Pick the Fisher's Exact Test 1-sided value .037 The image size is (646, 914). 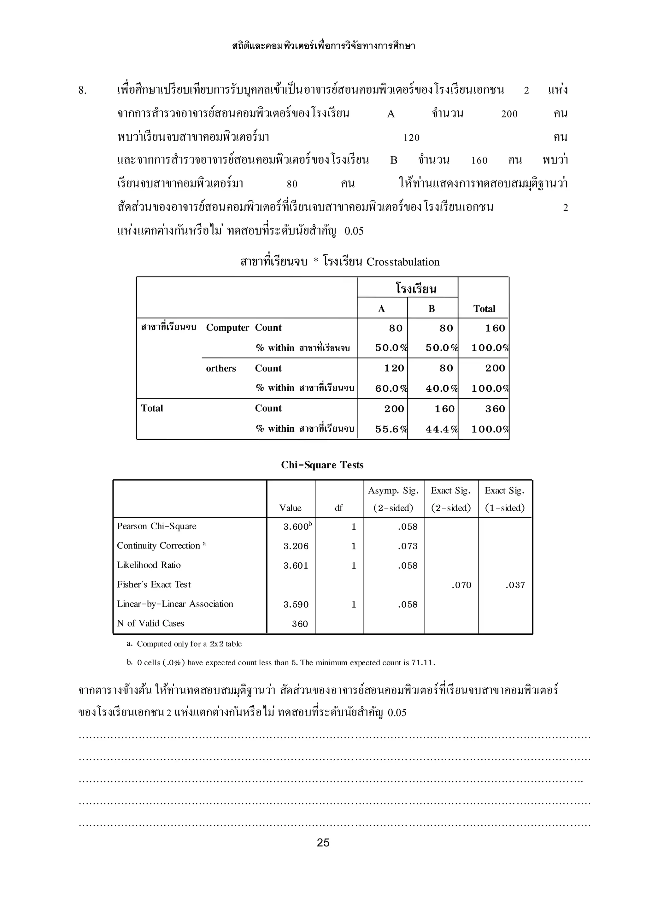click(515, 585)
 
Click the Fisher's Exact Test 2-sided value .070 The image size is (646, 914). click(461, 585)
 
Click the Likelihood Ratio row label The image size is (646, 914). click(149, 565)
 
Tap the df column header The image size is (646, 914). click(338, 508)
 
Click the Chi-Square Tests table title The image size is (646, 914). click(322, 465)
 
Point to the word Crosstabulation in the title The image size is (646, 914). click(403, 262)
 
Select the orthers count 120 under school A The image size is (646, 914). click(394, 368)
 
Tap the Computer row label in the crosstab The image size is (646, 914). click(227, 328)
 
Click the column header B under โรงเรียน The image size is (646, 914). click(432, 309)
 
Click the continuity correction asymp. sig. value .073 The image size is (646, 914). click(408, 546)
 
